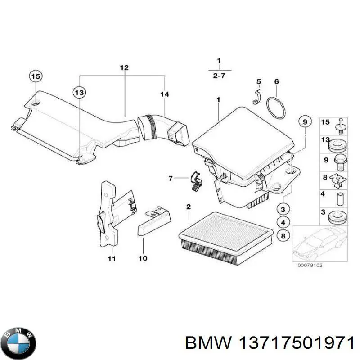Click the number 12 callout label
(124, 68)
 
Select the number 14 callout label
(165, 94)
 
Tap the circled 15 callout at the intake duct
(36, 76)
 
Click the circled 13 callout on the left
(79, 93)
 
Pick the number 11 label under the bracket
(112, 258)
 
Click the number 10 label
(143, 258)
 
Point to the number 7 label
(170, 179)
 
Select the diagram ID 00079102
(310, 265)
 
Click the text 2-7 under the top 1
(219, 76)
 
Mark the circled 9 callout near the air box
(305, 121)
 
